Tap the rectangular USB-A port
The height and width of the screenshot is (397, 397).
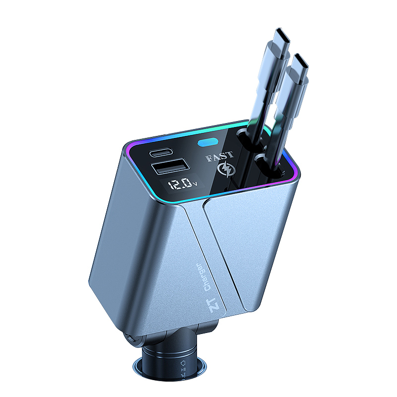coord(170,166)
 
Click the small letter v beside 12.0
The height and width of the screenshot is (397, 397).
coord(195,183)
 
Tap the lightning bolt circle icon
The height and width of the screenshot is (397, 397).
coord(227,170)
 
